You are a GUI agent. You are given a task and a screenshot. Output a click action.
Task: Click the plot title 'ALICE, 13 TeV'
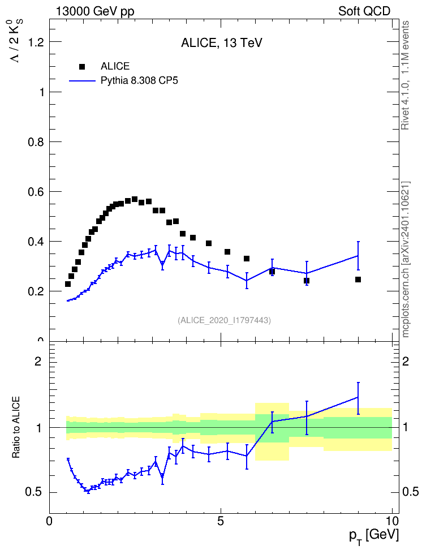222,43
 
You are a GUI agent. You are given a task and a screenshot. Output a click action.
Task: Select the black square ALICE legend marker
82,66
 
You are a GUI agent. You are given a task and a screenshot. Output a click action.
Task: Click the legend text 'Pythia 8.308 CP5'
139,81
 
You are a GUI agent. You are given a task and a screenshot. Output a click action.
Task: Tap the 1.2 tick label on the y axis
36,42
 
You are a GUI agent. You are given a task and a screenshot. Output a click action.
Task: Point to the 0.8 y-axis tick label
36,142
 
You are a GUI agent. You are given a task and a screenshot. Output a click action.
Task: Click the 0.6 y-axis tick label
36,192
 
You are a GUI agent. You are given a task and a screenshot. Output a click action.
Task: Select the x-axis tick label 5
221,521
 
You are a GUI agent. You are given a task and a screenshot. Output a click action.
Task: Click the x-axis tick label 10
392,521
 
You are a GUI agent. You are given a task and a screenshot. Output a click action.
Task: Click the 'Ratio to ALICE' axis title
16,427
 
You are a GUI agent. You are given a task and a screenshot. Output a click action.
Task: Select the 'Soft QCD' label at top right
364,11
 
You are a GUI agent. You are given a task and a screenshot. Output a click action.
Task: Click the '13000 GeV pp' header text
95,12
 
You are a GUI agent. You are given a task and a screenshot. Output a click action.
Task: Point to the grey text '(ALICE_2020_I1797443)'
225,320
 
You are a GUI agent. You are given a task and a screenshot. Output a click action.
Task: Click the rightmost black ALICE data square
358,280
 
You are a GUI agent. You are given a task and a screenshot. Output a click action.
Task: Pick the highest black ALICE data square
135,199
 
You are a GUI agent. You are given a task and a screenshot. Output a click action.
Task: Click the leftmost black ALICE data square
68,284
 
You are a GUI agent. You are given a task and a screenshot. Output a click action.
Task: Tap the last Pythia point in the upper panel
358,256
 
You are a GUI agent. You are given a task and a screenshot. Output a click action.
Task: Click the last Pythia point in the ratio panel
358,397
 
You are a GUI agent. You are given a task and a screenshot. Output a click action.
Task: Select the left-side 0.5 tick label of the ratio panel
33,492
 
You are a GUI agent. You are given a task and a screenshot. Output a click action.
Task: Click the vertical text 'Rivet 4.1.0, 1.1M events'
406,75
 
